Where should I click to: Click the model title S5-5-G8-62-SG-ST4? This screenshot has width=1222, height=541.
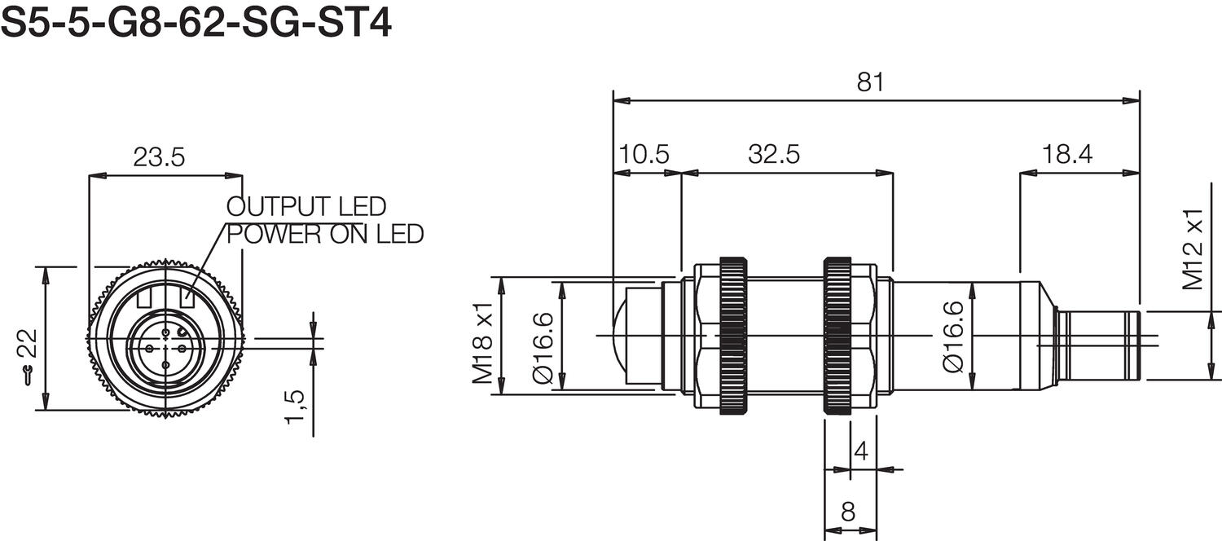point(196,23)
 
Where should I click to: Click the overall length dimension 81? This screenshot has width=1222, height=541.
point(870,82)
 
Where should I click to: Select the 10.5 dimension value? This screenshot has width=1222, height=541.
point(644,155)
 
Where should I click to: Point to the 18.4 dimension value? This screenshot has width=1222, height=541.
point(1066,155)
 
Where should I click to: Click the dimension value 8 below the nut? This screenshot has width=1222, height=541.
point(847,512)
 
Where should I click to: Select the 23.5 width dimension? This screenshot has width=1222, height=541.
point(160,157)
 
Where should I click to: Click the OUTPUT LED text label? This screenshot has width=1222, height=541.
point(306,206)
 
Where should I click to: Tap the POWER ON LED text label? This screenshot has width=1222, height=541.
point(325,235)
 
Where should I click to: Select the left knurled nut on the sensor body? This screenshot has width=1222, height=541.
point(732,336)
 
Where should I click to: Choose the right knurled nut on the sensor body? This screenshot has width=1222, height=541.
point(837,336)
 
